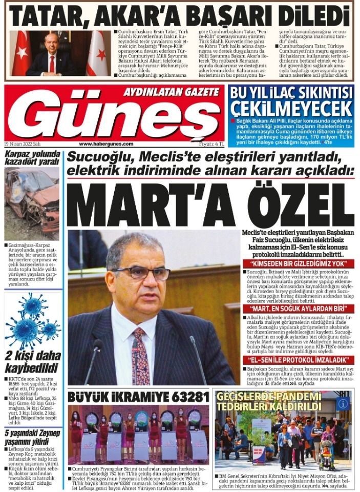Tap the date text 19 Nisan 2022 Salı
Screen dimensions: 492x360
(x=23, y=144)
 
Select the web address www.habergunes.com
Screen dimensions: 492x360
(x=106, y=144)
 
